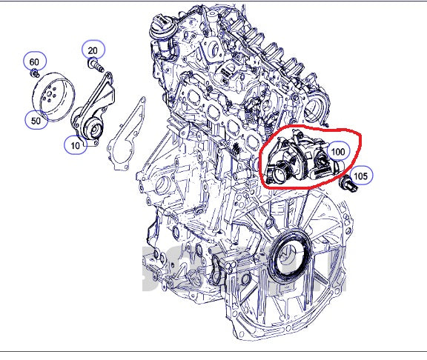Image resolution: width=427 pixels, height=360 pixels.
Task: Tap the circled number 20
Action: click(x=93, y=50)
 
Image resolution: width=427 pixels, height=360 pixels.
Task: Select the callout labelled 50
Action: click(x=35, y=119)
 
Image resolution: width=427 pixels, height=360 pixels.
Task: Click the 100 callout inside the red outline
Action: click(x=339, y=151)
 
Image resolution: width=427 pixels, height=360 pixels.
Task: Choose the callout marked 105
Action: click(x=361, y=176)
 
